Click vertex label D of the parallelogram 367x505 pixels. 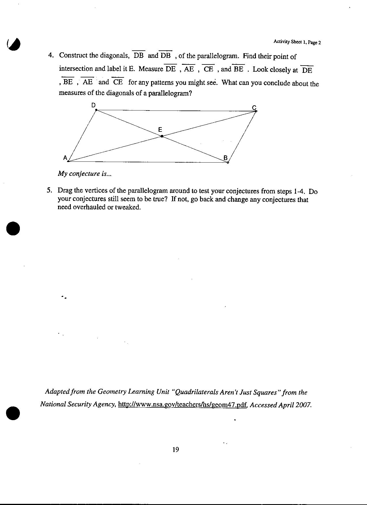point(93,105)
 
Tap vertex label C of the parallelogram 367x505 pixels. point(254,108)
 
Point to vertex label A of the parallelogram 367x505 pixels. point(65,158)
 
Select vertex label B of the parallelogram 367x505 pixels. point(225,158)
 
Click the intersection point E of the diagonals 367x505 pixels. point(162,136)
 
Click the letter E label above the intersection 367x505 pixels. point(160,130)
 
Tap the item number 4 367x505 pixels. point(51,55)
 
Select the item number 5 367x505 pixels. point(50,190)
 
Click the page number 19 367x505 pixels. point(176,449)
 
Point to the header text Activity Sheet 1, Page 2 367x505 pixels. point(297,42)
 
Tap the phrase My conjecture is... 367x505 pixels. point(85,174)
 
